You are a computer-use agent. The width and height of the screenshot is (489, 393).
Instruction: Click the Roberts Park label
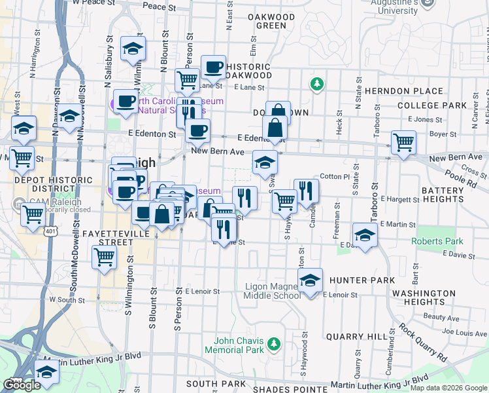[437, 241]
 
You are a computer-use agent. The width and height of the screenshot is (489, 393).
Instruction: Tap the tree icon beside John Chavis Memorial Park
[275, 343]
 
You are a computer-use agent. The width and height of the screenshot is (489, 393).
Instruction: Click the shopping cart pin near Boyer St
[403, 141]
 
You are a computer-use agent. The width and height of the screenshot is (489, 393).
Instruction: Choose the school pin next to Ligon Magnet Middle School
[310, 280]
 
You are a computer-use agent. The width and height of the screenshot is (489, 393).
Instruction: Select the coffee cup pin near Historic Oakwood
[213, 66]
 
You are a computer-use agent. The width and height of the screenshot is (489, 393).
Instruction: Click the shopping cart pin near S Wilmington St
[104, 257]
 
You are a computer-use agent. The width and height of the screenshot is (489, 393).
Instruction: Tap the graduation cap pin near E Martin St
[365, 234]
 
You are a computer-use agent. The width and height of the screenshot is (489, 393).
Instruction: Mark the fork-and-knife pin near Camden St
[305, 191]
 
